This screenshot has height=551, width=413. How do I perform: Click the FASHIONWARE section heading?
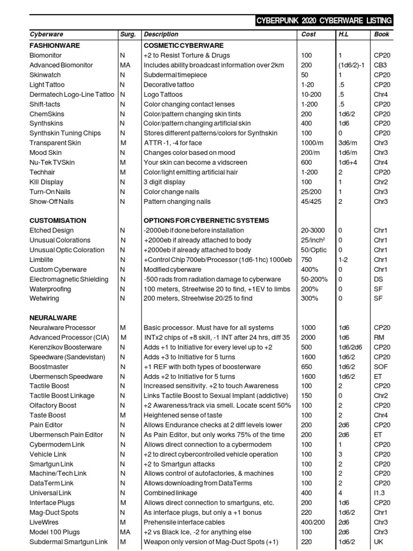pyautogui.click(x=54, y=46)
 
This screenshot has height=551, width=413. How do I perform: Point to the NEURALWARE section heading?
pyautogui.click(x=53, y=318)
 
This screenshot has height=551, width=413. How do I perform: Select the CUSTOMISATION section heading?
pyautogui.click(x=58, y=221)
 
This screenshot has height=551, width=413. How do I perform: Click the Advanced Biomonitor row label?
pyautogui.click(x=61, y=65)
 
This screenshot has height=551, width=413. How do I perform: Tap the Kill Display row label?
pyautogui.click(x=46, y=182)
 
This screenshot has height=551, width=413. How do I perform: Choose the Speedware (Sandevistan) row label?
pyautogui.click(x=67, y=357)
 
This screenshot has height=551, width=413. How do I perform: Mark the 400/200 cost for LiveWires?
pyautogui.click(x=314, y=522)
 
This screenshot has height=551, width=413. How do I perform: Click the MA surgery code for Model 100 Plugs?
pyautogui.click(x=125, y=532)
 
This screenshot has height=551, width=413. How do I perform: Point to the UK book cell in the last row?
pyautogui.click(x=379, y=541)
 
